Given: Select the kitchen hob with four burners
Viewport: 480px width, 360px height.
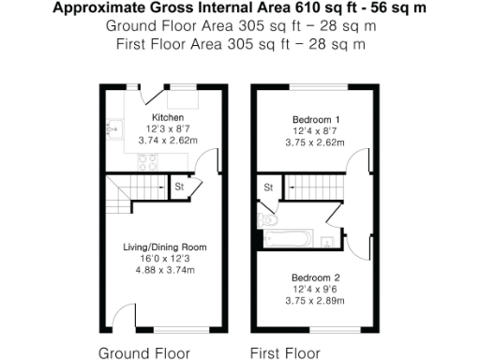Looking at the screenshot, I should point(147,159).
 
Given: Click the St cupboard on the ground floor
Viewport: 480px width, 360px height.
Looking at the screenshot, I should point(178,187).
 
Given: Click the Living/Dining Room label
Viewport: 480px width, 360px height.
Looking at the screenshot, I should point(165,247).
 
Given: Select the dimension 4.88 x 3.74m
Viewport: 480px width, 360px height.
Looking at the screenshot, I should point(165,270).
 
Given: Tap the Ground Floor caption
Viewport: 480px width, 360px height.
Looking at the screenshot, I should point(143,353).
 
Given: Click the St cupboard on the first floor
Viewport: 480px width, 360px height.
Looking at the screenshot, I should point(267,187).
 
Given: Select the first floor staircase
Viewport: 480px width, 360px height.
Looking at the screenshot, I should point(314,189).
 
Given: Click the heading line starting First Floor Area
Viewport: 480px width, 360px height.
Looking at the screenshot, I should point(239,43).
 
